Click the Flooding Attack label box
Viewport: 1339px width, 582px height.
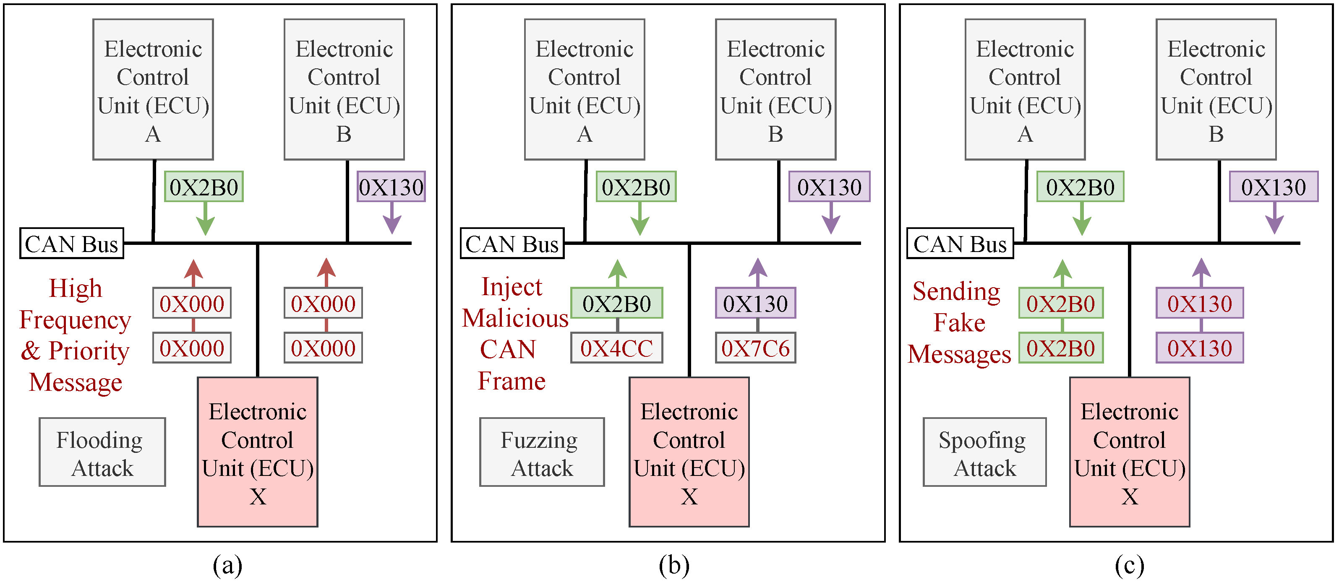point(102,452)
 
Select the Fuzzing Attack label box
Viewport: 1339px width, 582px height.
point(542,452)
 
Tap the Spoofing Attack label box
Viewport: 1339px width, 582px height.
point(984,452)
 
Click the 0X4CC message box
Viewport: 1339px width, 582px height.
point(616,348)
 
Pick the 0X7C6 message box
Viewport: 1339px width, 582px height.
point(755,348)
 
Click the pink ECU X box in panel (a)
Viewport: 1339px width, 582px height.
point(257,452)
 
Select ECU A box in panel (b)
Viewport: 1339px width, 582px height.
point(584,89)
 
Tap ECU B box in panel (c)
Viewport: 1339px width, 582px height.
point(1216,89)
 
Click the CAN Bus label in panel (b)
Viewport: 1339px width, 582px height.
point(512,243)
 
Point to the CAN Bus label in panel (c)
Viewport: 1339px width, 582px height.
point(960,243)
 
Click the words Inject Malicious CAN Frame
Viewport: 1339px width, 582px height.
point(514,334)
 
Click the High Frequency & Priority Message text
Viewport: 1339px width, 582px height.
point(76,335)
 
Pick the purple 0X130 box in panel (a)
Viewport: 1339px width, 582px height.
point(391,187)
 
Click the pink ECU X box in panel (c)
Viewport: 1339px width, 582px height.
point(1129,452)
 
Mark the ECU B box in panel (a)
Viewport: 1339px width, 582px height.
point(344,89)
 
